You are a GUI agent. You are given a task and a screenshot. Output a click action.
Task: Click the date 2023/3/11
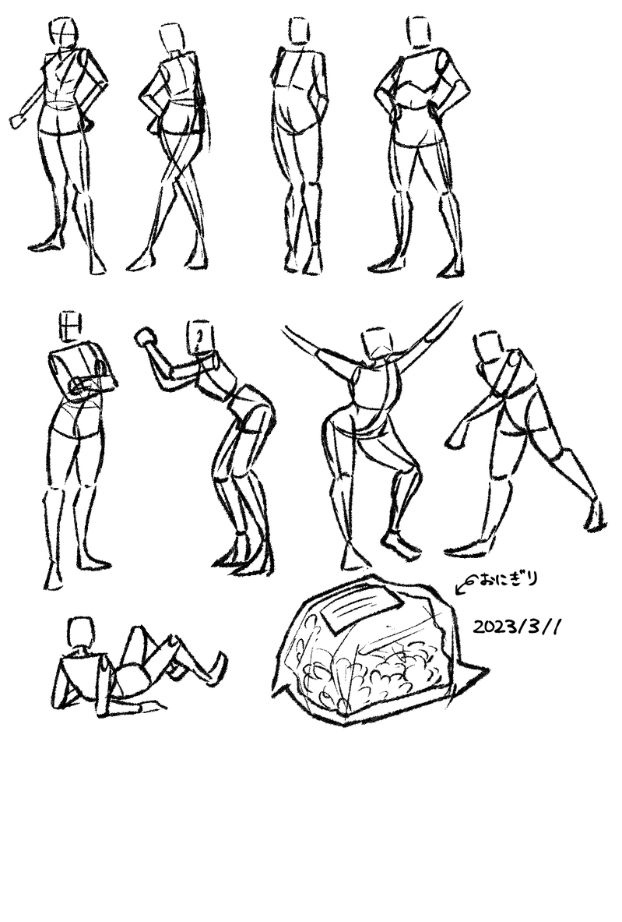[x=517, y=627]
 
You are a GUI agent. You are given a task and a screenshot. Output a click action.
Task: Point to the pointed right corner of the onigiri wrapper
[x=487, y=670]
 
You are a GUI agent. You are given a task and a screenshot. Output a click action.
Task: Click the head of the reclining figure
[x=80, y=633]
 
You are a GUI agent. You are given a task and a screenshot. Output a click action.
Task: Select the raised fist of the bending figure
[x=145, y=337]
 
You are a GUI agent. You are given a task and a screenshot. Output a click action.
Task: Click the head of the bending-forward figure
[x=199, y=337]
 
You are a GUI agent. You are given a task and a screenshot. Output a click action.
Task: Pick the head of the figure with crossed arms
[x=70, y=327]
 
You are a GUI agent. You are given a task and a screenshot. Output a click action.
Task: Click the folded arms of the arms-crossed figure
[x=93, y=385]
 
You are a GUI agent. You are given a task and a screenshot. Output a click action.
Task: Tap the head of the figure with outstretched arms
[x=377, y=344]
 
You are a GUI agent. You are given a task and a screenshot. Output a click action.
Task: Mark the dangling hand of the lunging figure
[x=456, y=440]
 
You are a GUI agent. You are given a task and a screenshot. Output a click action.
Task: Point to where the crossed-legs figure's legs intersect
[x=178, y=171]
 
